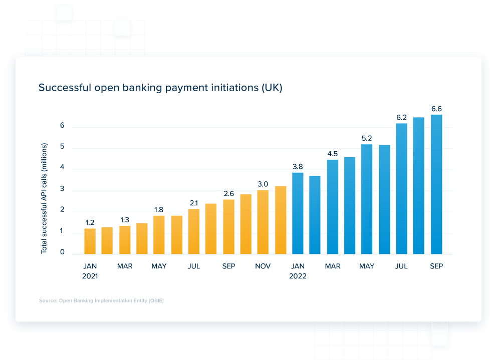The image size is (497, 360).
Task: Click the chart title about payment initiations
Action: (x=160, y=88)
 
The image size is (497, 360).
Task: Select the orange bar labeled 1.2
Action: (x=90, y=241)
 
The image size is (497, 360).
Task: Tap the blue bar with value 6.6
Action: (x=436, y=184)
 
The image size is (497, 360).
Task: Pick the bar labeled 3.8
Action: (x=298, y=213)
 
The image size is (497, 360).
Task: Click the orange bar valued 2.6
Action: (x=228, y=227)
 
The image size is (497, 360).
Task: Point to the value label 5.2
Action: (x=366, y=138)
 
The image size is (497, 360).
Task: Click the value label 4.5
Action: (x=332, y=154)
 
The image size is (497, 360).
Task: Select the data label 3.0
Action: (x=263, y=184)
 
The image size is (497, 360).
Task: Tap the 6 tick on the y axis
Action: (x=62, y=126)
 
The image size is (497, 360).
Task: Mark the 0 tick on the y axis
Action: (x=62, y=252)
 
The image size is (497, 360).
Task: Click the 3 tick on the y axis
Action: (x=62, y=190)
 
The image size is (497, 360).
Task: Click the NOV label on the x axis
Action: (x=263, y=266)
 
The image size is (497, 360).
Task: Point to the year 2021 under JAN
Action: (x=90, y=276)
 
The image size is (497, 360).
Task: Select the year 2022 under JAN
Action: (x=298, y=276)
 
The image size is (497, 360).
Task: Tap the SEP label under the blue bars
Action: (x=436, y=266)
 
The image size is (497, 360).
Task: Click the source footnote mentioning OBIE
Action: (x=101, y=301)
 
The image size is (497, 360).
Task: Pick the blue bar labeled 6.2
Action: (x=401, y=188)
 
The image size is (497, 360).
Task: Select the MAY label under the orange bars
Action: (x=159, y=266)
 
